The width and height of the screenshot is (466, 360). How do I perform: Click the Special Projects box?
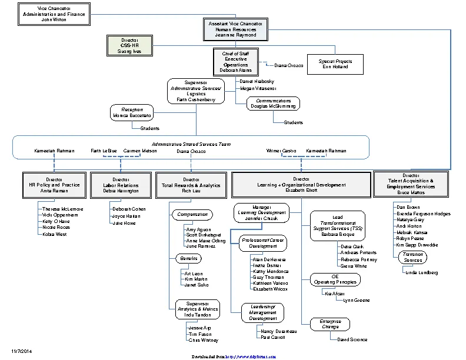click(335, 64)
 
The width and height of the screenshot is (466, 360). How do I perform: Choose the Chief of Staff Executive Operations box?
click(235, 61)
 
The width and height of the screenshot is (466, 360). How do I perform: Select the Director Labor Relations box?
click(121, 184)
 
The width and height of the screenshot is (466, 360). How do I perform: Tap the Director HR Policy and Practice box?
click(54, 184)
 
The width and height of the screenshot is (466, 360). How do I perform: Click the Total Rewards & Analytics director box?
click(191, 184)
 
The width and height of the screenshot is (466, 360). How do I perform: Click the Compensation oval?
click(192, 215)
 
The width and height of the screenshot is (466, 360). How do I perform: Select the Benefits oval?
click(188, 258)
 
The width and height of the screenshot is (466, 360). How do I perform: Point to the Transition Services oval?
click(412, 257)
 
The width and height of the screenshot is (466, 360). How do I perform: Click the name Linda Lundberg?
click(421, 272)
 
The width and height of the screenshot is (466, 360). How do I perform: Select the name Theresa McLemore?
click(62, 209)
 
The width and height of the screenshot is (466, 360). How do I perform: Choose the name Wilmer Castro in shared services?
click(281, 151)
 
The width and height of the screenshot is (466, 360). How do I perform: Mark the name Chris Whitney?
click(203, 340)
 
